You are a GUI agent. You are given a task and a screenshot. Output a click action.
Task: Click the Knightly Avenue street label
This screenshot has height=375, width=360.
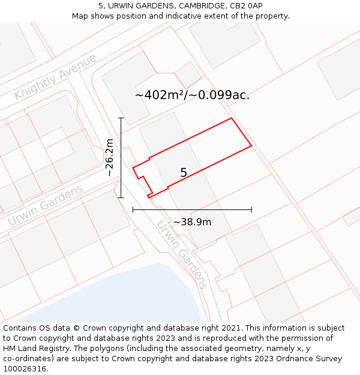click(55, 77)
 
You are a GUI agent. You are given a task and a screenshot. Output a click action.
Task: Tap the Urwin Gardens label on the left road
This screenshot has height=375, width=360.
click(46, 206)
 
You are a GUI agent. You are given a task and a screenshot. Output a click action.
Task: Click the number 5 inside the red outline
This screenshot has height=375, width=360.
click(184, 173)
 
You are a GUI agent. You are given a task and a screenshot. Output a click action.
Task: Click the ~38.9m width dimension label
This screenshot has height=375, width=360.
click(192, 222)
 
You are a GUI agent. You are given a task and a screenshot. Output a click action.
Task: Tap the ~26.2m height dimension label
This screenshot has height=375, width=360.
click(110, 157)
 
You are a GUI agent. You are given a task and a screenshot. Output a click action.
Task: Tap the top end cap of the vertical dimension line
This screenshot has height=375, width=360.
click(121, 118)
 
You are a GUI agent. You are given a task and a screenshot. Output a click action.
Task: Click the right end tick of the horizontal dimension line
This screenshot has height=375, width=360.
click(251, 209)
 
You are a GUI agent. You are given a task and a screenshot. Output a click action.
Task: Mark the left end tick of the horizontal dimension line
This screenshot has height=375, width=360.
click(133, 209)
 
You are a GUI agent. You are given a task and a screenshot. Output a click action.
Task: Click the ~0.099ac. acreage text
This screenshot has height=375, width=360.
click(220, 95)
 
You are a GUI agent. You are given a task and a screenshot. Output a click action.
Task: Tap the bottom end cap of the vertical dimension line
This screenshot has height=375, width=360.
click(121, 197)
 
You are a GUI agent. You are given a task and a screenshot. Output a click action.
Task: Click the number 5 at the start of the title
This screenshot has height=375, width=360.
click(101, 6)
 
